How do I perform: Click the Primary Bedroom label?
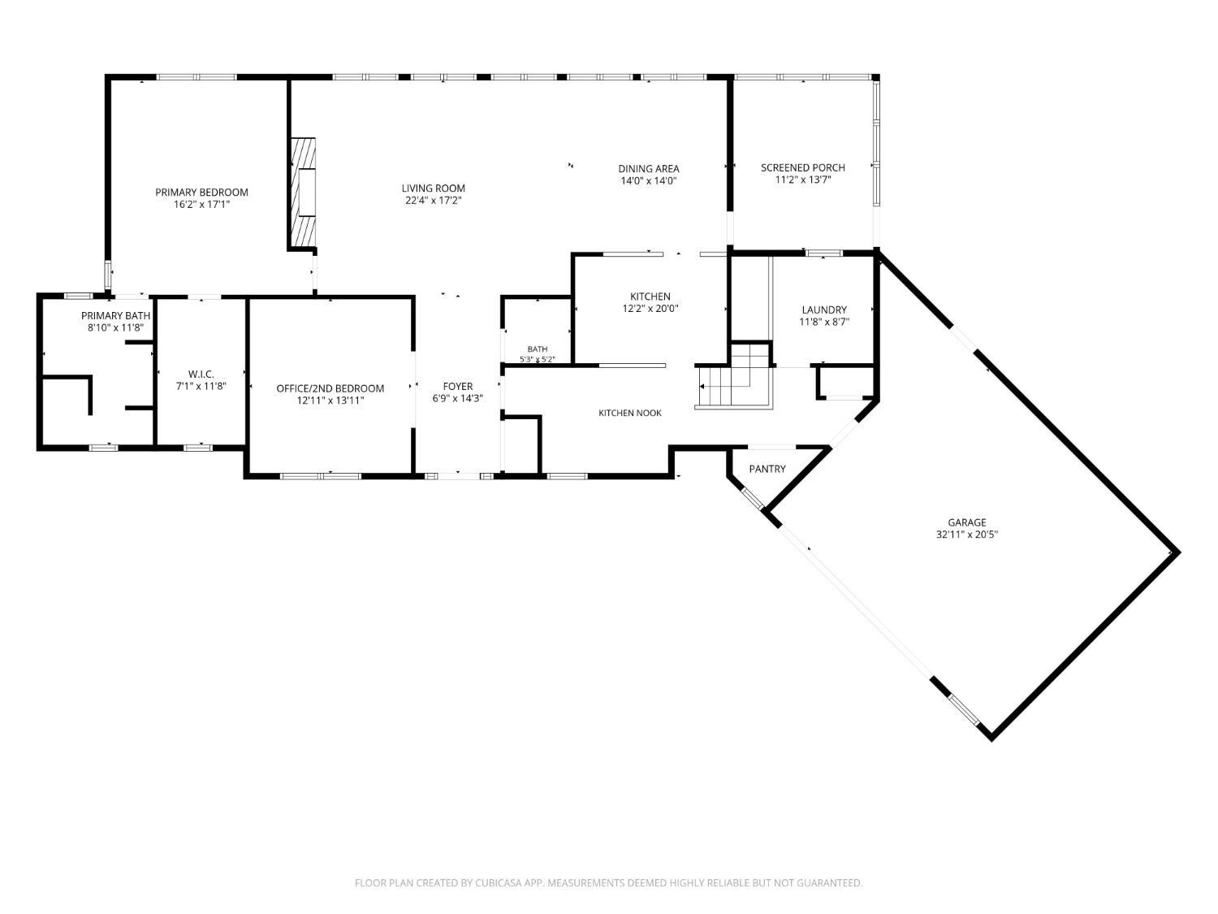[x=201, y=192]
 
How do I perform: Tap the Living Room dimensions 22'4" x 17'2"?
[x=434, y=201]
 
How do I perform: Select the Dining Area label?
[x=649, y=169]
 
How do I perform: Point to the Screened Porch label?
[x=803, y=167]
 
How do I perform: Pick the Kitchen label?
[x=650, y=297]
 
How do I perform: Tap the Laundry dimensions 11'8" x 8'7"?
[x=824, y=322]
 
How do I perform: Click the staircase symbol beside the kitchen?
[x=734, y=377]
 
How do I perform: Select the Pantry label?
[x=767, y=469]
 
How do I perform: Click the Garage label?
[x=966, y=522]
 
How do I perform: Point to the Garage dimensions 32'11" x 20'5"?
[x=966, y=535]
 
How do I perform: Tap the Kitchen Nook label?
[x=630, y=413]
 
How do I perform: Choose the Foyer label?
[x=458, y=386]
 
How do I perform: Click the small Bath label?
[x=538, y=349]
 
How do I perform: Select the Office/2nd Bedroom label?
[x=330, y=388]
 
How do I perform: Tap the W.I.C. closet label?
[x=201, y=374]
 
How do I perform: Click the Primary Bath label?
[x=115, y=316]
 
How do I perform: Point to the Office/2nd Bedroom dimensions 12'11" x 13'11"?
[x=330, y=401]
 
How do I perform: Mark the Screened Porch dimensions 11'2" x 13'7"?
[x=803, y=180]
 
